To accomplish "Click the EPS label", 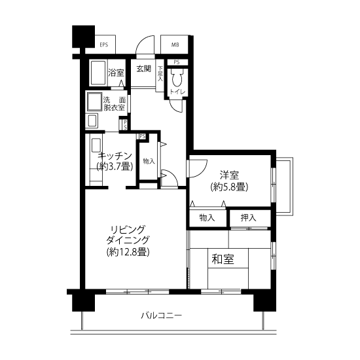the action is click(104, 45).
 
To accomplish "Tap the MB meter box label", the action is click(175, 45).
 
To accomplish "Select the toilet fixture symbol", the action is click(177, 78).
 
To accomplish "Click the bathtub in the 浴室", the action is click(98, 73).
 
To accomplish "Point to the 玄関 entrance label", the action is click(144, 69).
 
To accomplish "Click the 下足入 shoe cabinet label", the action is click(160, 73).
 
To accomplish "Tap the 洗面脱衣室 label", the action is click(115, 104).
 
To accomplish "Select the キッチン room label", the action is click(115, 156).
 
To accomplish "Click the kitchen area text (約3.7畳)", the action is click(115, 166).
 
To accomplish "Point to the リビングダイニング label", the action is click(128, 234).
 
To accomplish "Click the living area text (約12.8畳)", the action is click(128, 252).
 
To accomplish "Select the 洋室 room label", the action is click(229, 175).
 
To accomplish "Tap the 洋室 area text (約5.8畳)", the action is click(229, 187).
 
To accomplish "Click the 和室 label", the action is click(223, 259).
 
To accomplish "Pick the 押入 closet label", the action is click(249, 218).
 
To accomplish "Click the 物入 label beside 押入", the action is click(207, 218).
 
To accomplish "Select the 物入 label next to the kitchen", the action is click(149, 162).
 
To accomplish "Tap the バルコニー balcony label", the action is click(162, 315).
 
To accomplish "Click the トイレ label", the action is click(177, 92).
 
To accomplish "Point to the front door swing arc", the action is click(141, 41).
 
